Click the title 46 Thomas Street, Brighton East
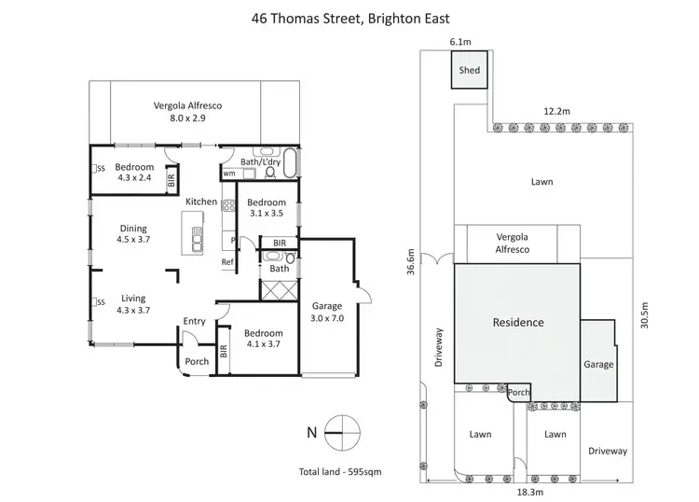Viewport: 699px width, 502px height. (349, 17)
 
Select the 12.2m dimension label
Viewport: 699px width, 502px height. (557, 111)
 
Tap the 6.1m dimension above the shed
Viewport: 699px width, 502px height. (459, 42)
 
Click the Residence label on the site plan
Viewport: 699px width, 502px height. (517, 323)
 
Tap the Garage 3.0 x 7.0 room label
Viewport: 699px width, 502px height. (326, 312)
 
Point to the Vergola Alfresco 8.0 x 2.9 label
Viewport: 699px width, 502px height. (194, 112)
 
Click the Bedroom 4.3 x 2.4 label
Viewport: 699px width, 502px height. (134, 173)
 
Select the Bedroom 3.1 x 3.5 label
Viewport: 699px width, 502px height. (266, 208)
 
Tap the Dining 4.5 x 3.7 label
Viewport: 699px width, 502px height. (134, 233)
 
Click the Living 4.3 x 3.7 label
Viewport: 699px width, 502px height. (133, 303)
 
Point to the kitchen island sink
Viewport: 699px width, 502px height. (196, 242)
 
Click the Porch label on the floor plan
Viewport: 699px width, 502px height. (197, 362)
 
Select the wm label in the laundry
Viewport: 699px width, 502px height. (228, 174)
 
